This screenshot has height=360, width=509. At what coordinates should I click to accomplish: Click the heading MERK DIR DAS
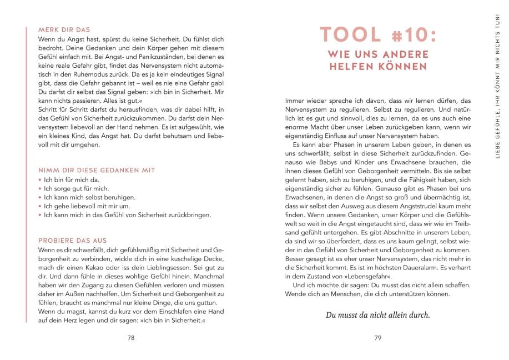[x=64, y=29]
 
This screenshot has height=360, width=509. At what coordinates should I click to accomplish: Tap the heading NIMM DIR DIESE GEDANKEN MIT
[x=97, y=170]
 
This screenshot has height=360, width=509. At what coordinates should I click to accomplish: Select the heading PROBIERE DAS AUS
[x=72, y=240]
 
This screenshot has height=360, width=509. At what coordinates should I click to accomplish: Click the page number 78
[x=131, y=337]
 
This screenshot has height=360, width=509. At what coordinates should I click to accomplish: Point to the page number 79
[x=377, y=337]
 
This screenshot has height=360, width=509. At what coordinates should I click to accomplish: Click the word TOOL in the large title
[x=350, y=35]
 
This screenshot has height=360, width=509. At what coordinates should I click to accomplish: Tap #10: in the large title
[x=411, y=35]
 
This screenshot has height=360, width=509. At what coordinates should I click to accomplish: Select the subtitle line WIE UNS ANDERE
[x=378, y=54]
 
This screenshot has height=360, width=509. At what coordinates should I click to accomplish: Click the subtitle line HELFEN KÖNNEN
[x=378, y=67]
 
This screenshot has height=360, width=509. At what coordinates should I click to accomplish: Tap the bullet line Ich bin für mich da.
[x=73, y=180]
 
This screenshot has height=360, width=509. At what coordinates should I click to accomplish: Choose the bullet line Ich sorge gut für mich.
[x=75, y=188]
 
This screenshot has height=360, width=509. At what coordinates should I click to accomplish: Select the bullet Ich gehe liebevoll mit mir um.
[x=89, y=206]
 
